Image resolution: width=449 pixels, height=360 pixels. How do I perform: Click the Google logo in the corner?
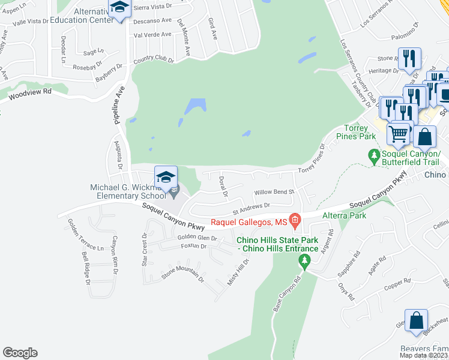[x=20, y=353]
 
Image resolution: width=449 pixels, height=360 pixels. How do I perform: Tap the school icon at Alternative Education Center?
[x=119, y=9]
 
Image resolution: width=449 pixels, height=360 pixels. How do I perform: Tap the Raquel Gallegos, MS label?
[x=249, y=223]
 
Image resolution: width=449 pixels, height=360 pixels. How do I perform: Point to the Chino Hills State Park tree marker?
[x=304, y=260]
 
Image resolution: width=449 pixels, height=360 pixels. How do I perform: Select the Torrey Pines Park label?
[x=360, y=132]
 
